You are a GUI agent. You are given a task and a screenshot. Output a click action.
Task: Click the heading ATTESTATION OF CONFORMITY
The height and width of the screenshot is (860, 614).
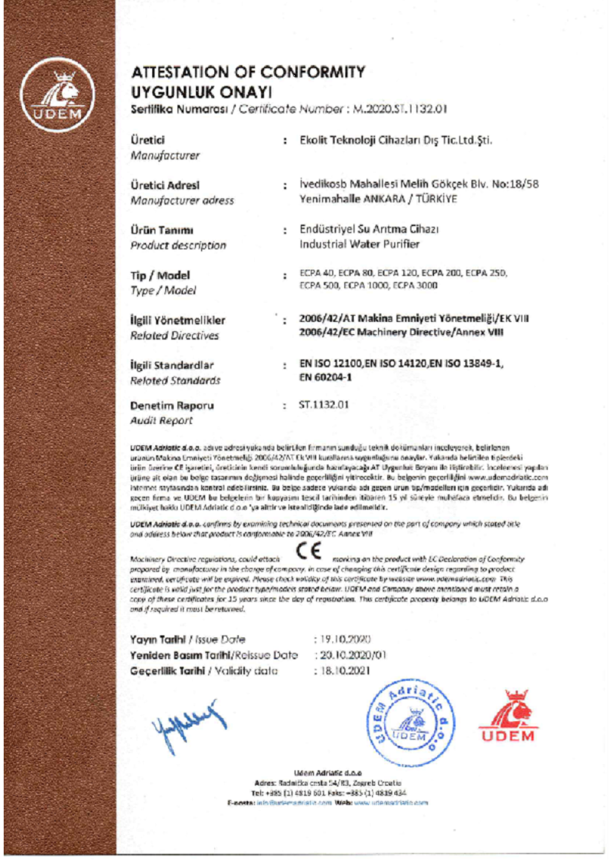click(248, 72)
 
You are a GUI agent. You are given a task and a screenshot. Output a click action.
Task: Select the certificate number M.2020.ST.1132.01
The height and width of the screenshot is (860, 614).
click(400, 109)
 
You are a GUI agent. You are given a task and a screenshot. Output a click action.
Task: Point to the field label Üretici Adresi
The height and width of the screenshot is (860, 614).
click(165, 185)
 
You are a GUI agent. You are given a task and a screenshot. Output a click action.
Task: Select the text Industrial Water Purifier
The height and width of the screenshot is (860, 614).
click(359, 244)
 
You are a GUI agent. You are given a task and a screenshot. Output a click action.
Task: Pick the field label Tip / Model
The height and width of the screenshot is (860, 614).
click(160, 275)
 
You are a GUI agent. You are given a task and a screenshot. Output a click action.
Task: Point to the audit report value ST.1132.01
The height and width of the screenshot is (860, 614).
click(324, 404)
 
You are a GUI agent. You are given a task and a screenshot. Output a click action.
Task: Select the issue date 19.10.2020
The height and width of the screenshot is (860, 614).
click(345, 639)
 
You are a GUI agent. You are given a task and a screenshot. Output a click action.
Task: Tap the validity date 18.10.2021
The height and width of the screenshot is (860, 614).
click(345, 670)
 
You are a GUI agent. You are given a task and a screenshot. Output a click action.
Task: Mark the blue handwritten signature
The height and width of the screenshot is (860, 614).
click(188, 725)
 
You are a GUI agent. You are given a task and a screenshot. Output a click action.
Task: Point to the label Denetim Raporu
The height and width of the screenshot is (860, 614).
click(172, 405)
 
